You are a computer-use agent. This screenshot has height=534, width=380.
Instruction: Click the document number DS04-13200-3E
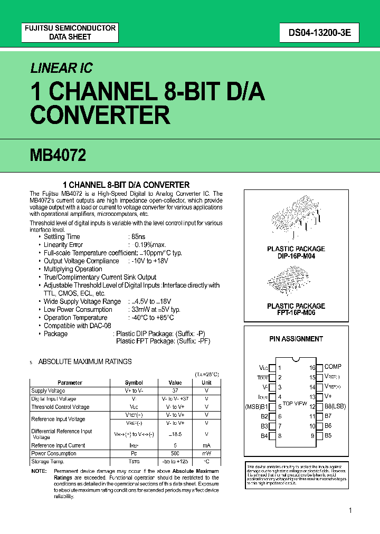[x=316, y=33]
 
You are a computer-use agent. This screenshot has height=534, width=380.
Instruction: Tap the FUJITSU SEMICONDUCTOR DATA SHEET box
[x=70, y=33]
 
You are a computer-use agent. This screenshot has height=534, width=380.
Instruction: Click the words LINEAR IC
[x=61, y=68]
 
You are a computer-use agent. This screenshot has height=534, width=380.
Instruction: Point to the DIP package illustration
[x=296, y=216]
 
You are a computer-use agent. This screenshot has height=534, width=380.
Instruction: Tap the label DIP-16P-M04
[x=296, y=256]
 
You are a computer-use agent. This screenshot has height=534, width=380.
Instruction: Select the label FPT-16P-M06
[x=296, y=313]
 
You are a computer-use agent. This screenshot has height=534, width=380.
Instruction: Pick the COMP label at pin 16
[x=333, y=366]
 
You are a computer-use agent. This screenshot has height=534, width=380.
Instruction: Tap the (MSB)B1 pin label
[x=256, y=406]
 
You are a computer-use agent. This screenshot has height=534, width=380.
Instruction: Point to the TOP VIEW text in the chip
[x=294, y=403]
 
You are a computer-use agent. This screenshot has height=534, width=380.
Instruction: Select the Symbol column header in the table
[x=134, y=383]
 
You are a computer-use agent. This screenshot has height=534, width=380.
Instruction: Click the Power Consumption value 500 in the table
[x=175, y=453]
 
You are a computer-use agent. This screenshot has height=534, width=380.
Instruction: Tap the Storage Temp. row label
[x=48, y=461]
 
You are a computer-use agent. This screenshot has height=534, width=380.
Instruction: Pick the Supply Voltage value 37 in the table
[x=175, y=390]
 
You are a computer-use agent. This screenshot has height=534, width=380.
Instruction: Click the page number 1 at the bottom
[x=350, y=510]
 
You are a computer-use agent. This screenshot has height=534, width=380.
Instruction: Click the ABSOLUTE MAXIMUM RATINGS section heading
[x=85, y=361]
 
